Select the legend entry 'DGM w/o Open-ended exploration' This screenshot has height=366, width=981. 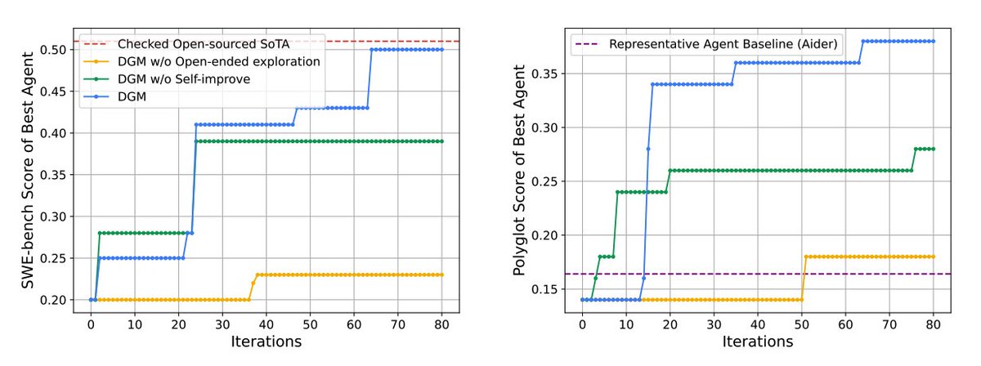(202, 62)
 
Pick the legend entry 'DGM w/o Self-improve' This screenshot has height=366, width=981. (167, 79)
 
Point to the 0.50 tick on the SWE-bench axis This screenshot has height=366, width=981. (53, 50)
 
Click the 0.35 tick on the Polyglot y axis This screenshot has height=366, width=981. (544, 74)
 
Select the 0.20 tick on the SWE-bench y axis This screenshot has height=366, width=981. (53, 301)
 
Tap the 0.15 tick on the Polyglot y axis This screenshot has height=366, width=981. (544, 289)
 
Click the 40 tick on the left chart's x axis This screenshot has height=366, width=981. (267, 325)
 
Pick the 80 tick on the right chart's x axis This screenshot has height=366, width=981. (934, 325)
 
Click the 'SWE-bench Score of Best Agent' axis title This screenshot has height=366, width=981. (28, 170)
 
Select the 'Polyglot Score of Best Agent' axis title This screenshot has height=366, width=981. (519, 170)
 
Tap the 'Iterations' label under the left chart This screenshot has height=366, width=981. (267, 341)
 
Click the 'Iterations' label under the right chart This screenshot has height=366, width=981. (758, 341)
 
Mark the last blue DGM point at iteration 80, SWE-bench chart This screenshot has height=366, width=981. (442, 50)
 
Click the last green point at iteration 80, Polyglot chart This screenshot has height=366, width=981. (934, 149)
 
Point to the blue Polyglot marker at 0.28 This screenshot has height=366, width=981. (648, 149)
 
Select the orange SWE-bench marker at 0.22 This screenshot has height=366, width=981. (253, 283)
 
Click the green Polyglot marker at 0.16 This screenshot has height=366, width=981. (596, 279)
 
